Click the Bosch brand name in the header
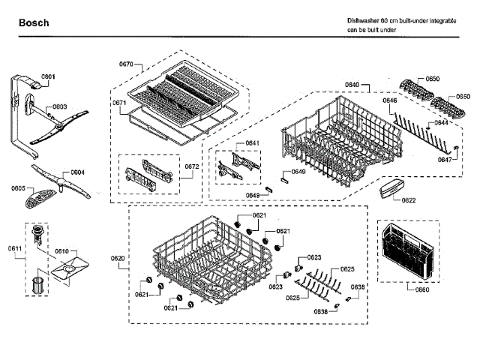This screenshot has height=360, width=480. [x=34, y=23]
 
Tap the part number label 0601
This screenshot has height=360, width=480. [x=49, y=77]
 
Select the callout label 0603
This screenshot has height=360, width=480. [x=59, y=107]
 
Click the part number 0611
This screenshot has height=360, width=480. [x=16, y=248]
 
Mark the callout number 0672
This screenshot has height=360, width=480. [x=193, y=166]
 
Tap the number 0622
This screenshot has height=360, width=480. [x=409, y=200]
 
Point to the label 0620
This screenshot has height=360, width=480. [x=118, y=259]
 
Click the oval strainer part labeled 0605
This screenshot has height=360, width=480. [x=37, y=199]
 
